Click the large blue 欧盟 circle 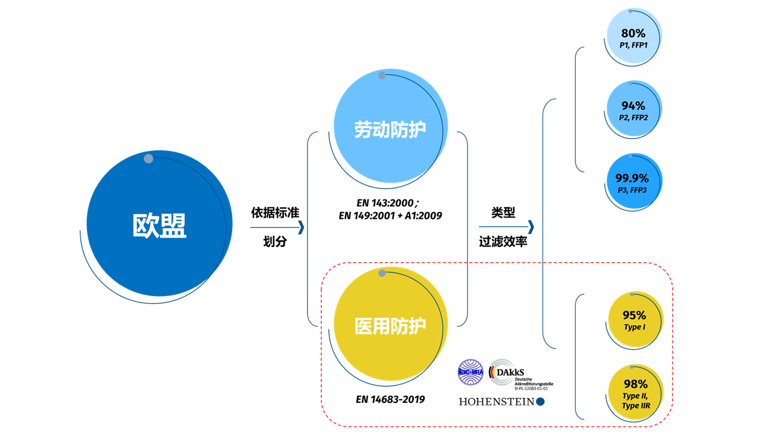[160, 224]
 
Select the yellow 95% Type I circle [634, 319]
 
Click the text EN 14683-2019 [390, 399]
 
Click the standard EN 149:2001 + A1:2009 [390, 215]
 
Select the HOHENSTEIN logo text [497, 402]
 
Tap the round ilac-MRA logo [471, 372]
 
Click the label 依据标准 [275, 213]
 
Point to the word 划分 [275, 242]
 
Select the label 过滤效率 [503, 242]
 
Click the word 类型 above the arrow [503, 213]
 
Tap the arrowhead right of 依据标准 [301, 228]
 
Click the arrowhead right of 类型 [531, 227]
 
